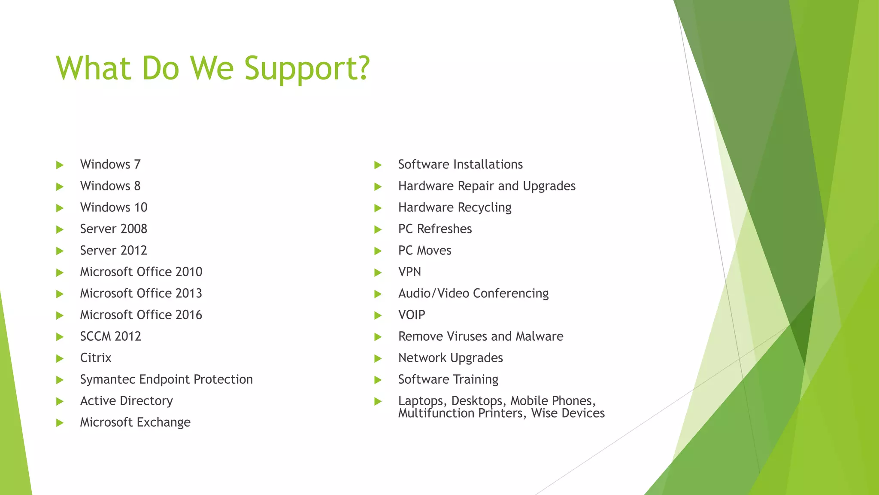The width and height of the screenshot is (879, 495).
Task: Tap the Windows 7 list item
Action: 110,165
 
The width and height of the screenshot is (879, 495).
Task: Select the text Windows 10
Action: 114,208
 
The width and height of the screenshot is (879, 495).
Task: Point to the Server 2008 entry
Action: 114,229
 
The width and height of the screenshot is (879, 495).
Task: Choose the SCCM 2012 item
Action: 111,336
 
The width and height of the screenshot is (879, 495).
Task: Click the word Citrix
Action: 96,358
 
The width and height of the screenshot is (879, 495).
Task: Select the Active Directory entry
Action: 127,401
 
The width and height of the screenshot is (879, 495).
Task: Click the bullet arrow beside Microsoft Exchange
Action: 60,423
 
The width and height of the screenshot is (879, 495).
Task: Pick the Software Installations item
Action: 460,165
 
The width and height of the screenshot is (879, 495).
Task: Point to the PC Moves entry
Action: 424,251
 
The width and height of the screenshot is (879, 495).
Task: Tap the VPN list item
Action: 409,272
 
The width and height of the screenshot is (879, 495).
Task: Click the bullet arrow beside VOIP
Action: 378,315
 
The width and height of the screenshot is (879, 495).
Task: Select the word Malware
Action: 540,336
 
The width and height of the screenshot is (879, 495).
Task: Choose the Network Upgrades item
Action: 450,358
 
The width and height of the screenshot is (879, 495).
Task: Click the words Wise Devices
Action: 568,413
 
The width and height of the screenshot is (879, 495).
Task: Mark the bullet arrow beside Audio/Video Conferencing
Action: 378,294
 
